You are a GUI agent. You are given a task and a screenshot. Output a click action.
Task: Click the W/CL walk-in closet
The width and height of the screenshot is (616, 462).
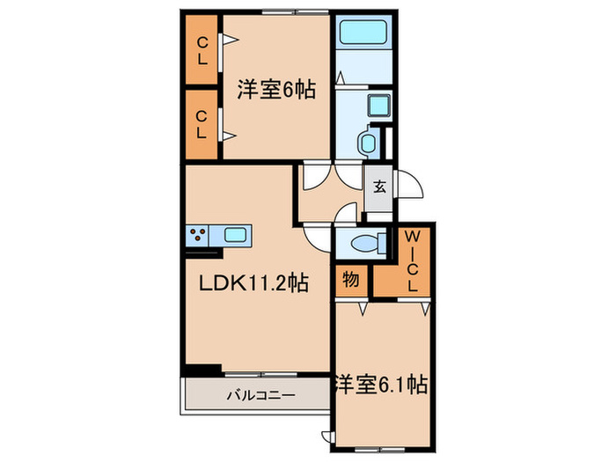tap(410, 261)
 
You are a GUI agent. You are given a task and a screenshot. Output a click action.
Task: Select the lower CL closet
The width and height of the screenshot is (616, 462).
tap(202, 124)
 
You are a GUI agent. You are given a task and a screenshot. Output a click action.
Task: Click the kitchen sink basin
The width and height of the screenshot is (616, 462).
tap(236, 235)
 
